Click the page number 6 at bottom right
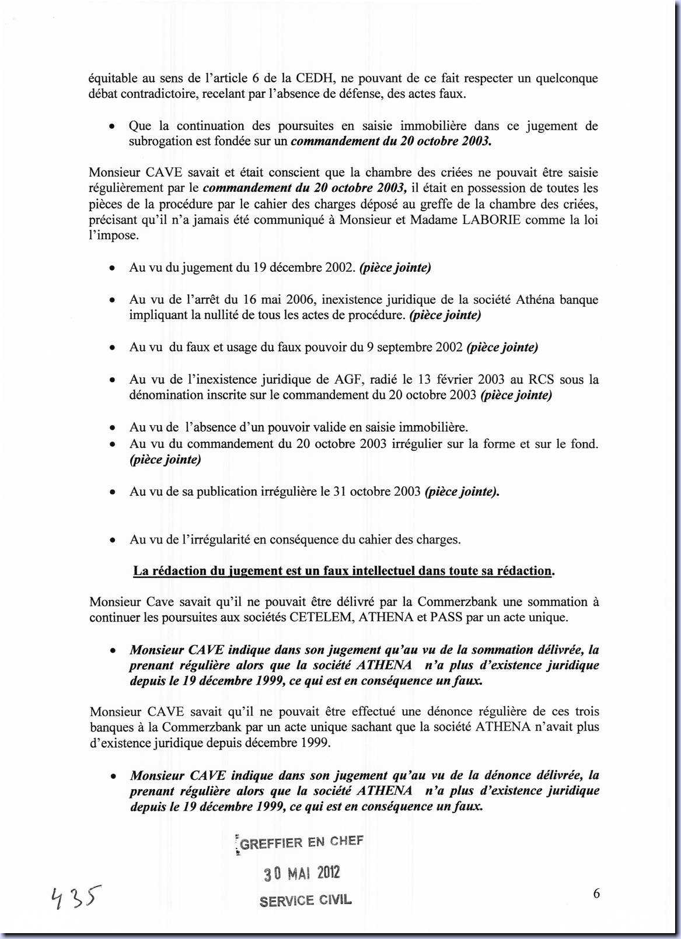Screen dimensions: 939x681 click(596, 894)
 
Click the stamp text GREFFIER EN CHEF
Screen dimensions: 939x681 click(302, 842)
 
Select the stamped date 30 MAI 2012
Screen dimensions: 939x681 click(302, 873)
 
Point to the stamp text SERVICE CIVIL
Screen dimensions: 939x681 click(306, 900)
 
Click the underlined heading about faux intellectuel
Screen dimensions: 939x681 click(344, 570)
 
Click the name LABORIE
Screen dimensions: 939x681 click(507, 220)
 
